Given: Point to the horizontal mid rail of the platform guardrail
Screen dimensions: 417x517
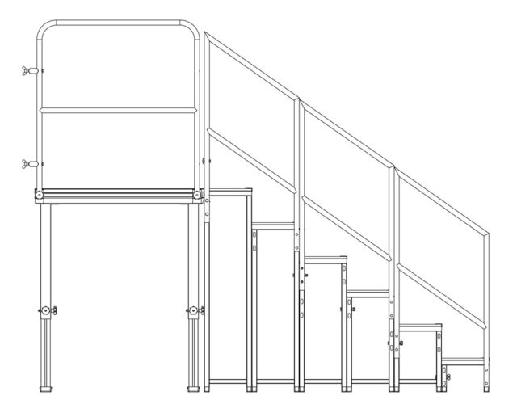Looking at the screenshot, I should [118, 110].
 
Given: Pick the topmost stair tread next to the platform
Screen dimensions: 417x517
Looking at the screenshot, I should [230, 191].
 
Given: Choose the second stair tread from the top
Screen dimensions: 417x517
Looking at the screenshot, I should [275, 225].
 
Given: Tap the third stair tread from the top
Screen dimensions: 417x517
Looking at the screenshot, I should [323, 259].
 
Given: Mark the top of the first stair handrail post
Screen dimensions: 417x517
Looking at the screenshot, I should [206, 35].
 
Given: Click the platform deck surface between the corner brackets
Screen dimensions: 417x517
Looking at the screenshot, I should [118, 193].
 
